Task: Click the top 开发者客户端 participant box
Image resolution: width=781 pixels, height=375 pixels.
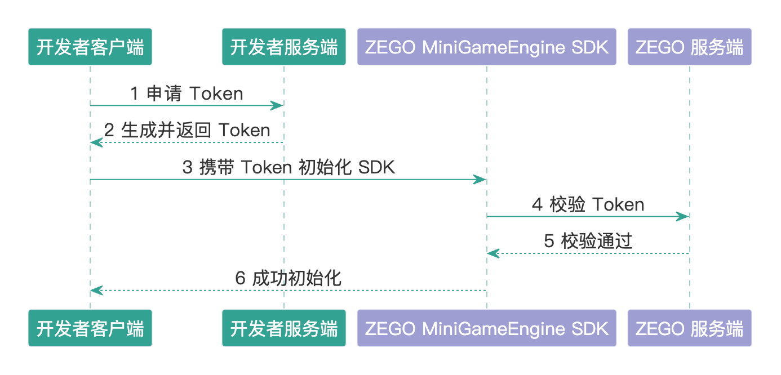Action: pos(90,47)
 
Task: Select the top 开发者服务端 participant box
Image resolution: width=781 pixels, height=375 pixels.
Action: pos(283,47)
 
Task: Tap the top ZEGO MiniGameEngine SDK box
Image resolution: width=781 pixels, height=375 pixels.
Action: pos(487,47)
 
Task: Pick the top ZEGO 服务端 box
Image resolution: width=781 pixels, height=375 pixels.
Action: pos(689,47)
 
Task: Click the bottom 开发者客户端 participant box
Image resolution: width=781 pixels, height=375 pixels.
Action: pos(90,328)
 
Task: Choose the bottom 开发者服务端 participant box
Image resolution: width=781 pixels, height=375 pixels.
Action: pos(283,328)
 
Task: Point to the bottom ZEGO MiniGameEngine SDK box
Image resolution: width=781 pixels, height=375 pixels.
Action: pos(487,328)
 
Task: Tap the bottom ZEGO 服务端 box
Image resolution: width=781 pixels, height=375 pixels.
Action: pos(689,328)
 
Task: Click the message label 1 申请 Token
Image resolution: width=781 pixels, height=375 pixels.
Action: pos(187,93)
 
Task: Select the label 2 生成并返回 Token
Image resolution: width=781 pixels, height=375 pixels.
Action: pos(187,131)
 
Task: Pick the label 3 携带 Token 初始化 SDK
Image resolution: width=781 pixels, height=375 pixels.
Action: pos(289,168)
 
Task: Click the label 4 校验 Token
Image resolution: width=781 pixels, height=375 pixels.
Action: pos(588,204)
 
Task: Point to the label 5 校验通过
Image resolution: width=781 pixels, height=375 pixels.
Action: pos(588,242)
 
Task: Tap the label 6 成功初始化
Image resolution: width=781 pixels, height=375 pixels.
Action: pos(288,279)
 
